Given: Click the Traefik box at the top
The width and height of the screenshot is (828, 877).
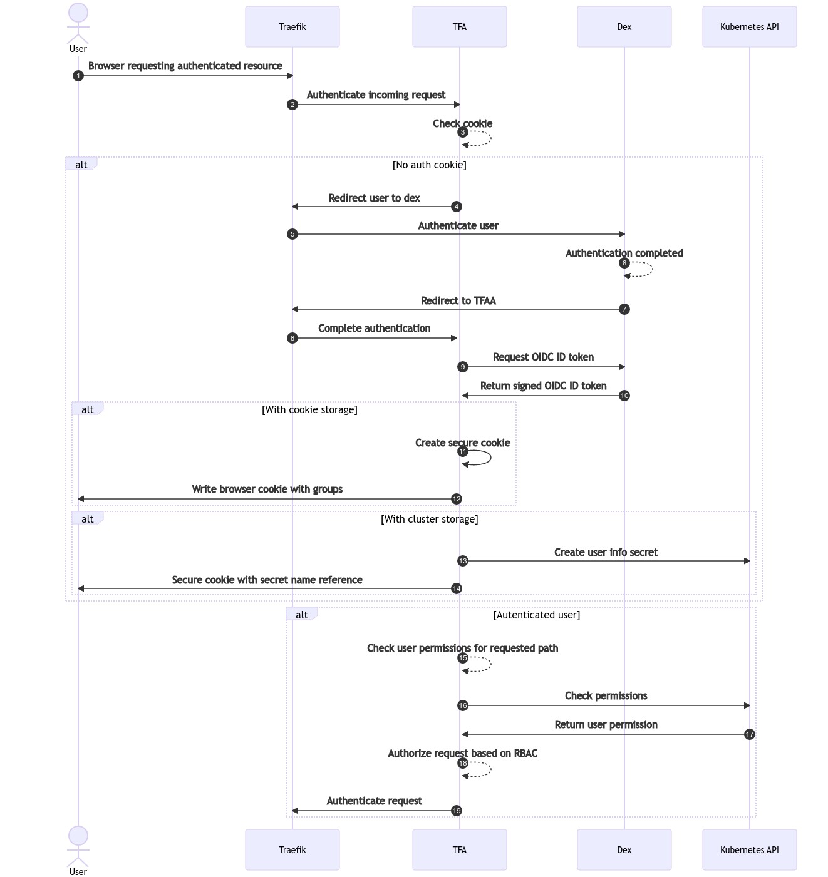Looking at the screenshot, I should tap(292, 27).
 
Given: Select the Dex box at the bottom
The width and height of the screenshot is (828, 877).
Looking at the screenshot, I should tap(624, 849).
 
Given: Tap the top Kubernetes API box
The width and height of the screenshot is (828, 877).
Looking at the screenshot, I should tap(749, 27).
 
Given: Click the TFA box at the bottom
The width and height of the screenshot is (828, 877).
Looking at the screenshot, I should tap(459, 849).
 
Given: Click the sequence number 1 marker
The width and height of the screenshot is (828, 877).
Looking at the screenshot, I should tap(78, 76).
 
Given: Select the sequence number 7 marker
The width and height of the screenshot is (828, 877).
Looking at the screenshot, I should tap(624, 309).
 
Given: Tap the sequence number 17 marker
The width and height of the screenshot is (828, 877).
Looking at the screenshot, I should tap(749, 734).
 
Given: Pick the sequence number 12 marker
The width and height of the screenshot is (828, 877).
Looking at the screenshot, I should tap(457, 499).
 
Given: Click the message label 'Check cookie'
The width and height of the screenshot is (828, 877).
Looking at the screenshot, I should tap(462, 123).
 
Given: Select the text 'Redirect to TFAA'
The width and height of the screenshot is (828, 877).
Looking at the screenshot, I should tap(458, 300).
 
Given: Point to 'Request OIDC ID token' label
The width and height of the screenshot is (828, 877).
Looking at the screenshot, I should tap(543, 357).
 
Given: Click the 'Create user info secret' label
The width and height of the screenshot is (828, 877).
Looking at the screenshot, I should tap(606, 552).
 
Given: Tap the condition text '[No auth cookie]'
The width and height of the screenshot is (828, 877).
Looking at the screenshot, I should tap(429, 165).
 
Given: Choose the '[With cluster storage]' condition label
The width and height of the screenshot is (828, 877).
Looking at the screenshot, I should tap(429, 519).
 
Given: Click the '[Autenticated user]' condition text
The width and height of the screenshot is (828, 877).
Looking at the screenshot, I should tap(536, 615).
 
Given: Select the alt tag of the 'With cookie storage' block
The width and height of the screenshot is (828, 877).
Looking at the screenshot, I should tap(87, 409).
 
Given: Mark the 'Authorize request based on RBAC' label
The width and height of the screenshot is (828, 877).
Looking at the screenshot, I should tap(462, 753).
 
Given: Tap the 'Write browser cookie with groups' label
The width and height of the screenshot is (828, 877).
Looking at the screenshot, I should tap(267, 489).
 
